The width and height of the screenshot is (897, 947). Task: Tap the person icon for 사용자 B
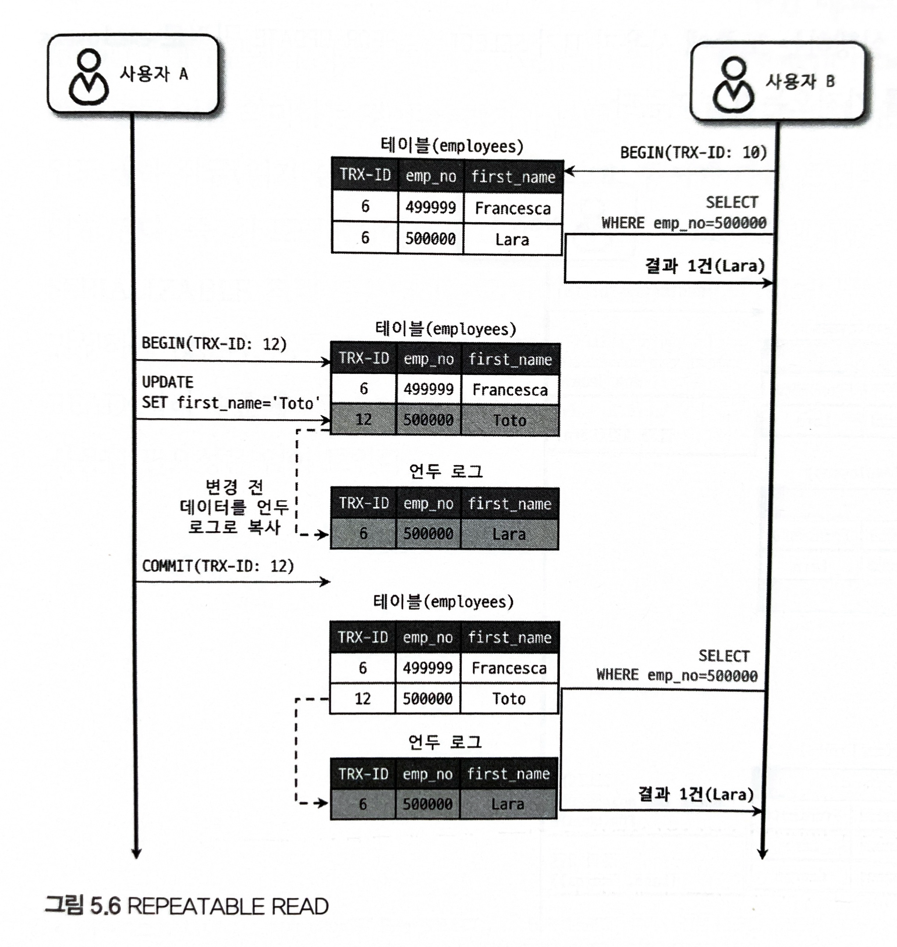click(x=733, y=85)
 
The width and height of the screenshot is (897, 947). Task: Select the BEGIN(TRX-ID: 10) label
click(x=693, y=153)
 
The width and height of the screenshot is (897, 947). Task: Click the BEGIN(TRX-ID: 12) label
click(x=214, y=344)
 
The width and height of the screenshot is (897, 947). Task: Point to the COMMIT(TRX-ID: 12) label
click(x=217, y=566)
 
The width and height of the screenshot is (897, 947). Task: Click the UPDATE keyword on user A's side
click(x=167, y=382)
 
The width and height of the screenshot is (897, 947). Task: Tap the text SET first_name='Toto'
click(x=230, y=403)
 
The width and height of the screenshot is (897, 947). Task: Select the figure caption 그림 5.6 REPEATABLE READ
click(x=187, y=906)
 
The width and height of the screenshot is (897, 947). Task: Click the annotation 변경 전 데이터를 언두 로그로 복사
click(x=234, y=507)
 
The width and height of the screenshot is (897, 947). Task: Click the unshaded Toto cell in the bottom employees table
click(x=509, y=698)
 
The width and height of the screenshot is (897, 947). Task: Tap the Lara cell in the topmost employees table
click(x=512, y=239)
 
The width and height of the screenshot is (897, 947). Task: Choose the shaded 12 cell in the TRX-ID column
click(x=364, y=420)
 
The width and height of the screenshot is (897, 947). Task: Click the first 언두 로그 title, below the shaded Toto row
click(x=445, y=471)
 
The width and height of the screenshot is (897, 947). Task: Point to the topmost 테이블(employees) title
click(x=451, y=145)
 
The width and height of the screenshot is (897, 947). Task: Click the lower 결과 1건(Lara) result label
click(x=696, y=794)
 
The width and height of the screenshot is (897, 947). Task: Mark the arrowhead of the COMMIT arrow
click(x=326, y=582)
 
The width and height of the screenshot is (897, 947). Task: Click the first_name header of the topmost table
click(x=513, y=177)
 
